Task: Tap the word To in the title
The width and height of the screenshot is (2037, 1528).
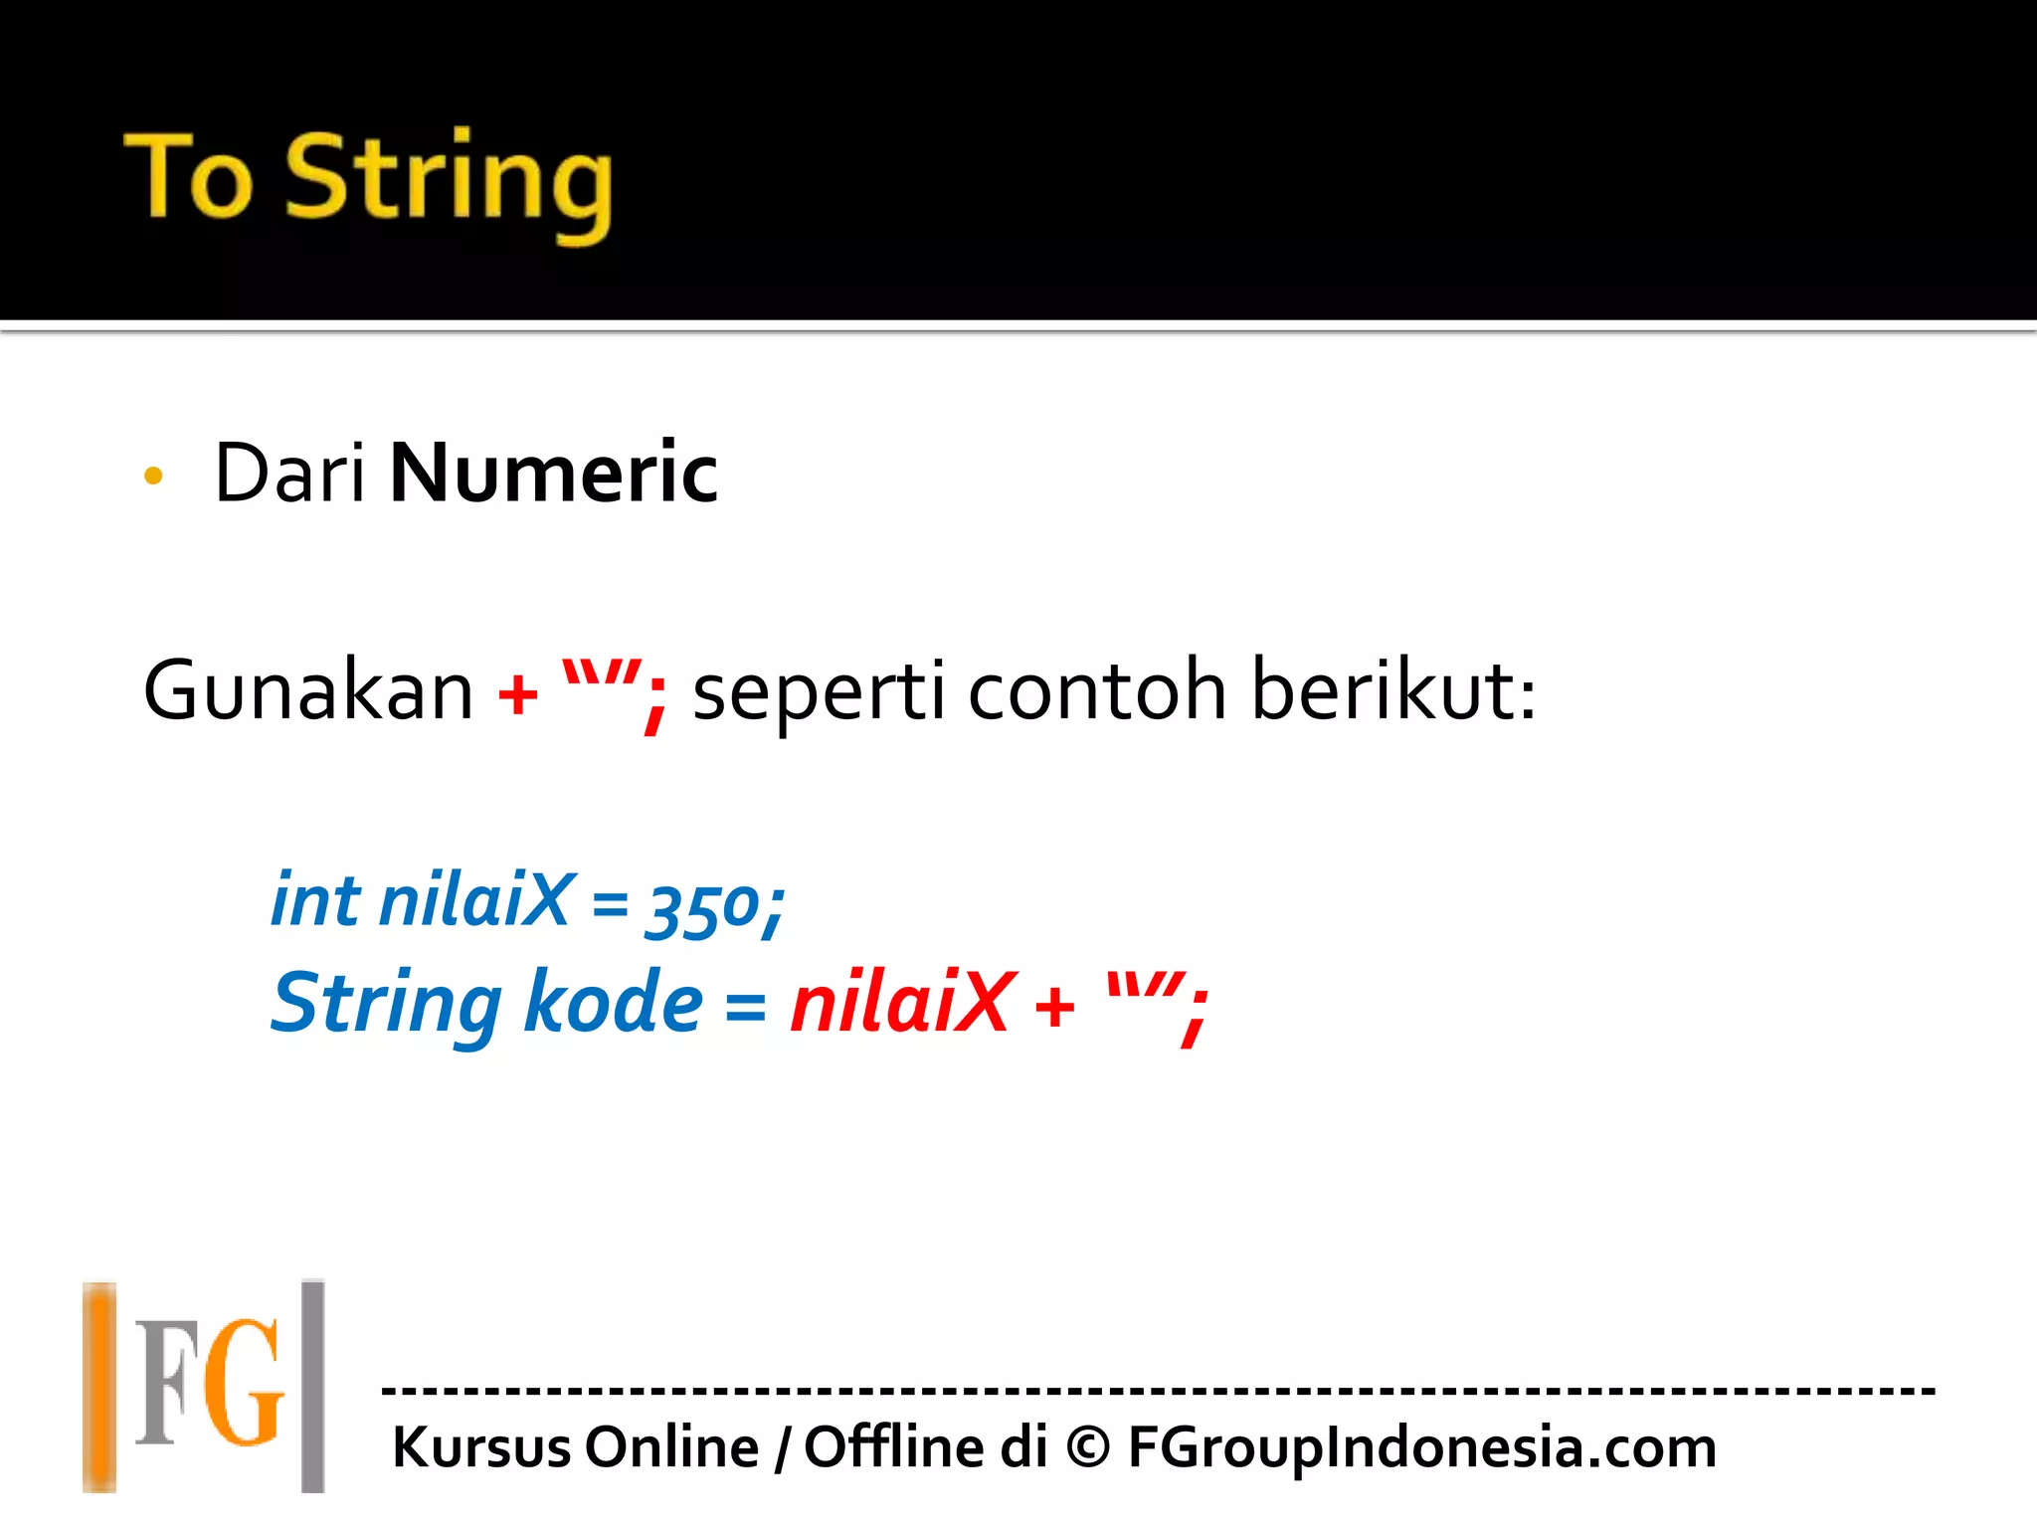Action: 188,177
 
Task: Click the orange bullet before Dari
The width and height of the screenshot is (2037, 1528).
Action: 153,476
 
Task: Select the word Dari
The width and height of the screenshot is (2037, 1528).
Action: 289,474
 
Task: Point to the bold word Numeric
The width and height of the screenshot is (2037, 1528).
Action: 553,474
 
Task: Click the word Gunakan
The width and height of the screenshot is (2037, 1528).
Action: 308,690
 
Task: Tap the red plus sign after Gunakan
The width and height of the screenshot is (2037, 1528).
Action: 517,694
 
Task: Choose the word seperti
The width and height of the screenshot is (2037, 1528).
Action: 819,694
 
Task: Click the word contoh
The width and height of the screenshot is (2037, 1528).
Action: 1097,690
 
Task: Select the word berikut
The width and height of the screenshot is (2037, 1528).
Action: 1392,690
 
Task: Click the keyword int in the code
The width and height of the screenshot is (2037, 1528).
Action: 315,900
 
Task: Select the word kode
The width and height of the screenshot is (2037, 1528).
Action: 613,1003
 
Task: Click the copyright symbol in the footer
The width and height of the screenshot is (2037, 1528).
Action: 1088,1447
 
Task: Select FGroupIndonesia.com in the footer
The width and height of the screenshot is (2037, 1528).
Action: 1422,1448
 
